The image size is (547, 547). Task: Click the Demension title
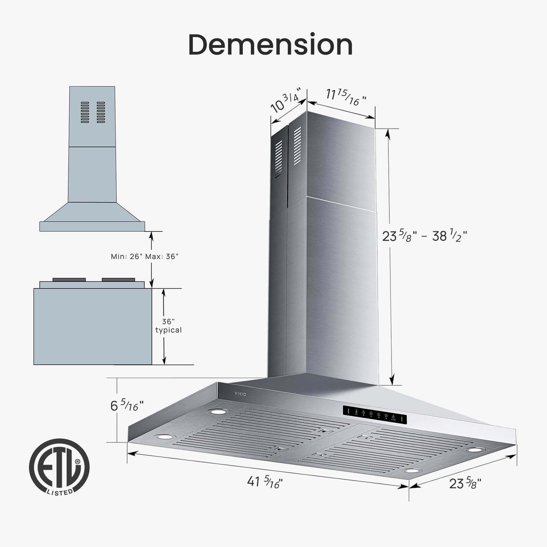270,45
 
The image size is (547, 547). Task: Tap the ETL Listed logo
59,467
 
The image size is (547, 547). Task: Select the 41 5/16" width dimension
265,482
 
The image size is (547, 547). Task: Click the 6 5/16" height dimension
126,406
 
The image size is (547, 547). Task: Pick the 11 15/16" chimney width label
345,97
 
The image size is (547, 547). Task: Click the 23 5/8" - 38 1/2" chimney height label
424,236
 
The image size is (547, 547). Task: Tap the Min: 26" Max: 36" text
144,256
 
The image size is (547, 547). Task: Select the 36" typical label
168,326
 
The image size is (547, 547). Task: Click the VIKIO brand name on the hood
240,394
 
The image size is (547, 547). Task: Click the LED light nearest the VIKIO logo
218,412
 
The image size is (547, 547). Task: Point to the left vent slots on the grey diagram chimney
85,112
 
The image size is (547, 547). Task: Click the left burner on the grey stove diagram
69,280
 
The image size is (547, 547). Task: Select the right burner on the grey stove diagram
118,280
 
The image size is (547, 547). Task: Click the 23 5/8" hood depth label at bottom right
465,484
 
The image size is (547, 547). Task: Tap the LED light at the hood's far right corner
475,450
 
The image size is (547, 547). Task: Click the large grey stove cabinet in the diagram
92,326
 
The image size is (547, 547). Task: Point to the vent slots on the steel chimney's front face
297,146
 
